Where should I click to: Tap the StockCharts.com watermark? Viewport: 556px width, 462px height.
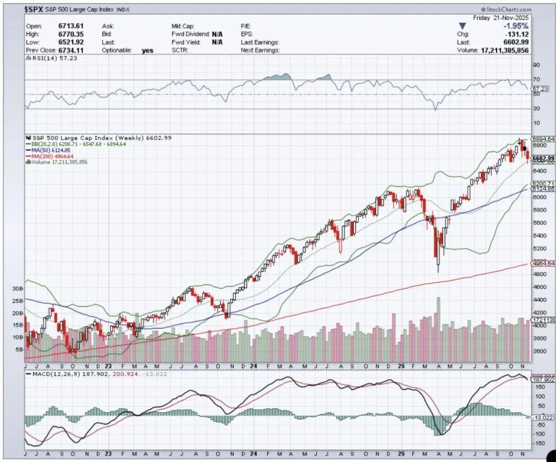[x=507, y=9]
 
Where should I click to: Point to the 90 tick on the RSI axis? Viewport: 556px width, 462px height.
[x=536, y=65]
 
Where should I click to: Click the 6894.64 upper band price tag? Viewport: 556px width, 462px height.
[x=543, y=139]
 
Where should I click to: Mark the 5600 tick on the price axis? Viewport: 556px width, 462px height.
[x=538, y=223]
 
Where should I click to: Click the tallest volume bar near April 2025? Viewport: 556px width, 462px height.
[x=439, y=330]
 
